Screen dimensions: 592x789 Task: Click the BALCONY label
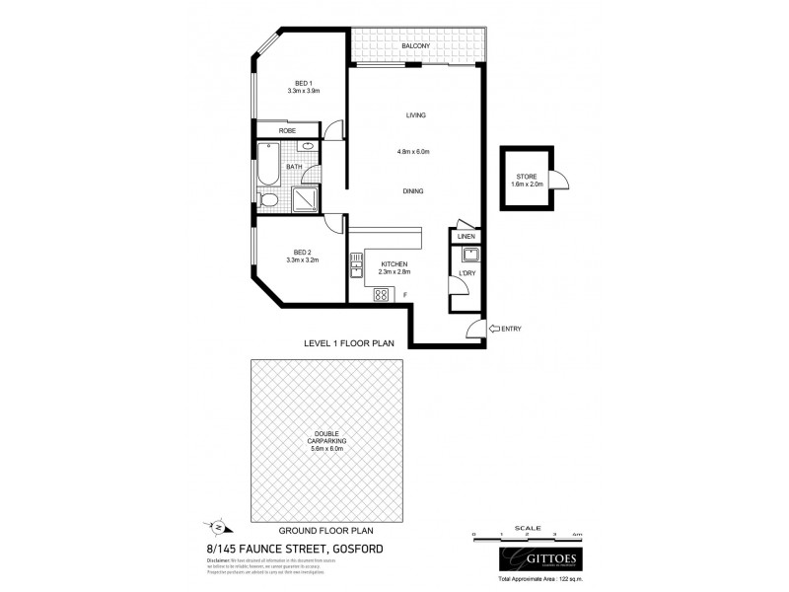coord(413,46)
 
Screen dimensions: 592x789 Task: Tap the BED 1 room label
coord(304,83)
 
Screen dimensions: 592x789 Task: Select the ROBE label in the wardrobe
coord(287,130)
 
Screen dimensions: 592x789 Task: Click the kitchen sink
coord(355,263)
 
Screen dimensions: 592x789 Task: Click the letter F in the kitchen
coord(405,294)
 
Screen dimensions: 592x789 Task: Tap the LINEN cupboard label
coord(466,236)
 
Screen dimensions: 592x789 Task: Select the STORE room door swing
coord(560,180)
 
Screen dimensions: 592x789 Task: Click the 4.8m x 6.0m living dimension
coord(415,151)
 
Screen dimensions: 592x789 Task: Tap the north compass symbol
coord(220,524)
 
